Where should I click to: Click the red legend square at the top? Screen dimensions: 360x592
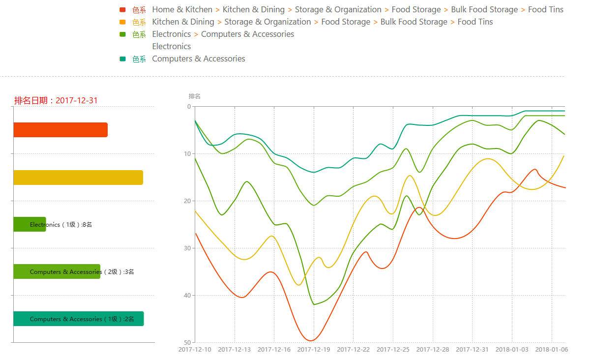click(122, 10)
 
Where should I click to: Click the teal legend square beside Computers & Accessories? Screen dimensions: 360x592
click(122, 59)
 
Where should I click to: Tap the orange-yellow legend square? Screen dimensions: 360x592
click(122, 22)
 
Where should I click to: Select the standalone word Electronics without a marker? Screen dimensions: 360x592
click(171, 46)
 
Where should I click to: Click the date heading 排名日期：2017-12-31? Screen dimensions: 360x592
click(56, 100)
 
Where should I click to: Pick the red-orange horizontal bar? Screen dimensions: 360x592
click(60, 130)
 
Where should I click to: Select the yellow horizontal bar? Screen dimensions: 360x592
click(78, 178)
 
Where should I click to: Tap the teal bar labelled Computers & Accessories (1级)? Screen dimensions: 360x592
click(78, 319)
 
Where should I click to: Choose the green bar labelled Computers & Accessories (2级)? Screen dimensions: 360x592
click(57, 271)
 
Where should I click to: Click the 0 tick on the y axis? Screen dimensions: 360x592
click(189, 107)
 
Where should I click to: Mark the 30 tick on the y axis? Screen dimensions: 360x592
click(187, 248)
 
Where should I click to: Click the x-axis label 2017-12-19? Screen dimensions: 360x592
click(314, 350)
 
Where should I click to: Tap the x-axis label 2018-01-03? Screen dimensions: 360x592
click(512, 350)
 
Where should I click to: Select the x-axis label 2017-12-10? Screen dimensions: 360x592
click(195, 350)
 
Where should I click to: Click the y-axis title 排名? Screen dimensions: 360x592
click(195, 96)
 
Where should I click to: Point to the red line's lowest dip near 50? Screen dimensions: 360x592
click(311, 340)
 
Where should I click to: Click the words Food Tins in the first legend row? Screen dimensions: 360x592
click(545, 10)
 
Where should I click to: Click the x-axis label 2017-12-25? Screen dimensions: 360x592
click(393, 350)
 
